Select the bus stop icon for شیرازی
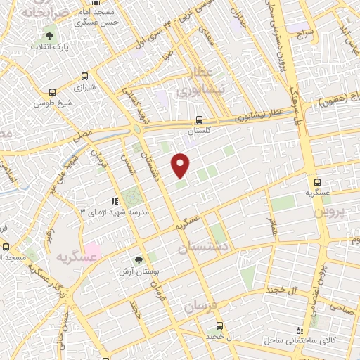(85, 76)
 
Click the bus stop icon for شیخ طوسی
(52, 92)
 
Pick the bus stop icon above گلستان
(199, 120)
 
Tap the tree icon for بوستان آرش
(137, 260)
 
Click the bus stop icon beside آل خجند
(220, 326)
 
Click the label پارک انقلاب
(49, 46)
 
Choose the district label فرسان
(202, 303)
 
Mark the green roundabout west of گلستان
(135, 129)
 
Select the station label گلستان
(200, 131)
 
